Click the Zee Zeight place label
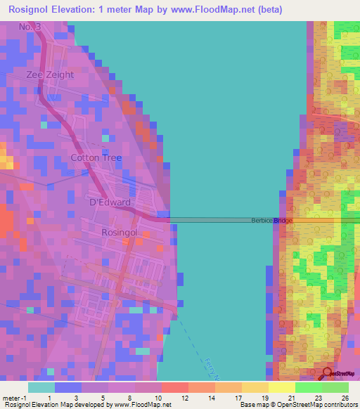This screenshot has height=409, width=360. [x=50, y=74]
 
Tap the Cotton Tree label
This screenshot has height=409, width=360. [x=96, y=158]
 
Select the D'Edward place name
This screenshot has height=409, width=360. [x=109, y=202]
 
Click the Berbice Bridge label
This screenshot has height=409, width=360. [x=271, y=221]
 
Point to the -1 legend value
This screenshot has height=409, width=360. [x=27, y=398]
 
